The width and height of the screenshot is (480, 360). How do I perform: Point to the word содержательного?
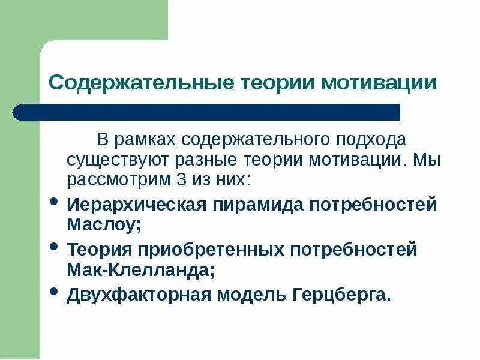coord(251,140)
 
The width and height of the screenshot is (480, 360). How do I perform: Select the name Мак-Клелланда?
coord(139,269)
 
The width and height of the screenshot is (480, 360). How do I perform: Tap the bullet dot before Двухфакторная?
coord(54,291)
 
